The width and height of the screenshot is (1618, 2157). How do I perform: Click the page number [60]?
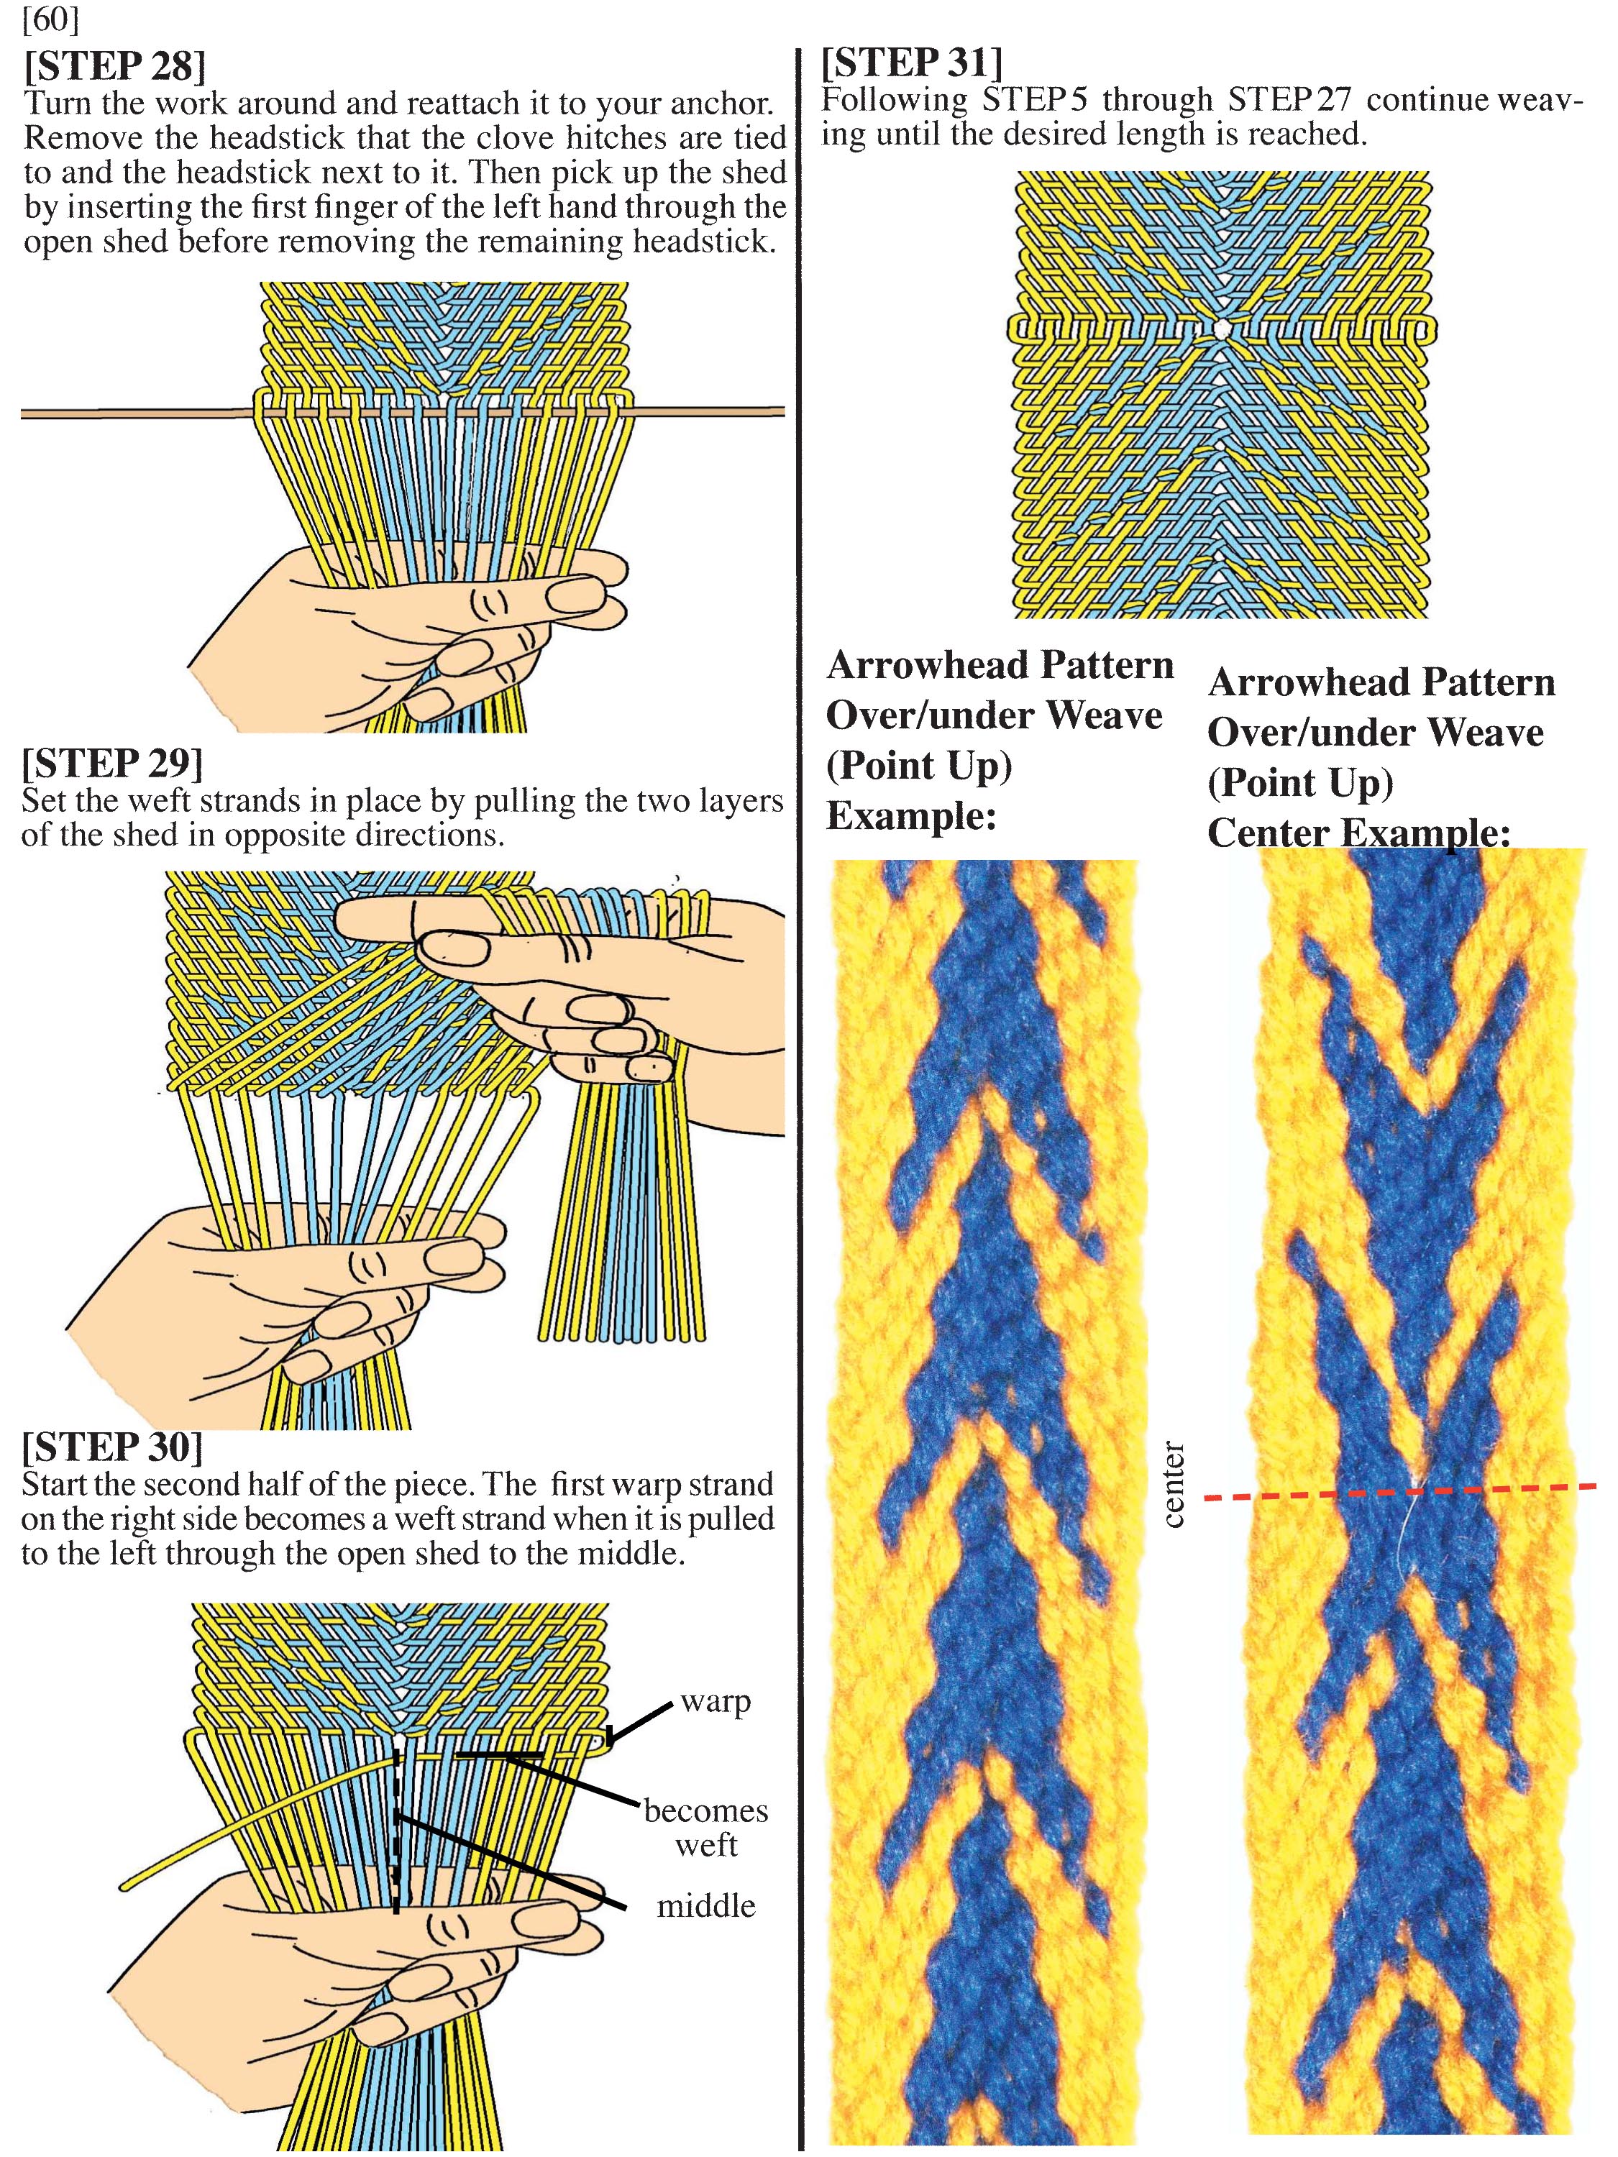(x=51, y=19)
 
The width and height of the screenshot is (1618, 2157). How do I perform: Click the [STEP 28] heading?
(x=115, y=66)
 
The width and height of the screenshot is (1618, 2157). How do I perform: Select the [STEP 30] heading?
(x=112, y=1446)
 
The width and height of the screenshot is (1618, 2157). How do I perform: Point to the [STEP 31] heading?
(x=911, y=63)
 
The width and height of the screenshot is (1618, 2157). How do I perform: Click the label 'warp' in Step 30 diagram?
(x=716, y=1702)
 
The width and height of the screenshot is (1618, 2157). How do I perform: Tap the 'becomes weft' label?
(x=706, y=1828)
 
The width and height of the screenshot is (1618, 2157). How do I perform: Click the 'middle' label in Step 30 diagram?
(x=706, y=1905)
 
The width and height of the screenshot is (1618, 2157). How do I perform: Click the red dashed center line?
(x=1399, y=1491)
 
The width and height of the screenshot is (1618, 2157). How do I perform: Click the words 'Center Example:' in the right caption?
(x=1358, y=833)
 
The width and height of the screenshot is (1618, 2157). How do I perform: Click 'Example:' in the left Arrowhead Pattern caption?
(x=911, y=815)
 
